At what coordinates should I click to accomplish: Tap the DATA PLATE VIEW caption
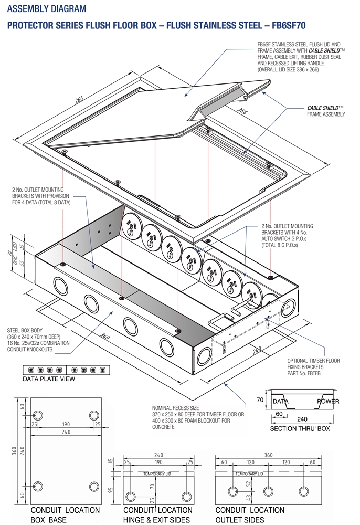[49, 379]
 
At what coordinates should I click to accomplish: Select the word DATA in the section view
[281, 401]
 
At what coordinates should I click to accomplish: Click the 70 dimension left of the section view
[259, 400]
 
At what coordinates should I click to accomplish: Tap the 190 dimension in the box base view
[65, 424]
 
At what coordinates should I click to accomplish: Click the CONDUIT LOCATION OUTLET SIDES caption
[250, 514]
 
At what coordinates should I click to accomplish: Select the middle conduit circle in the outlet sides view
[268, 491]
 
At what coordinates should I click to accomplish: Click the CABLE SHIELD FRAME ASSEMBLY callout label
[326, 111]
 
